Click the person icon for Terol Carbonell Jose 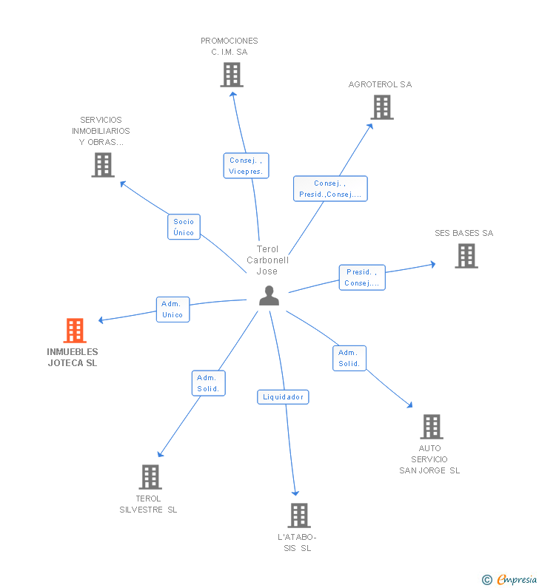tap(269, 295)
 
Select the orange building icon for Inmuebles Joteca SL tap(75, 330)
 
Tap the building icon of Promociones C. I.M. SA tap(232, 75)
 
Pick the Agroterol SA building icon tap(382, 107)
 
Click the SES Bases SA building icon tap(466, 256)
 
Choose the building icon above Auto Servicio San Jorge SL tap(432, 427)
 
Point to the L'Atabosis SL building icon tap(298, 515)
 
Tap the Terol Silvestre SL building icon tap(150, 477)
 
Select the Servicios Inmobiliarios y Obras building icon tap(103, 164)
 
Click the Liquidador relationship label tap(283, 397)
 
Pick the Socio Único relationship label tap(184, 227)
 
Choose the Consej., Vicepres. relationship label tap(246, 166)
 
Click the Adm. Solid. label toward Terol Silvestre tap(208, 383)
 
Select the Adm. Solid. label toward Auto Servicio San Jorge tap(349, 358)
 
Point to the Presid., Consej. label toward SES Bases tap(362, 277)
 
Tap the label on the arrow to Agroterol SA tap(330, 189)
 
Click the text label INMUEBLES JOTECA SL tap(73, 357)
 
